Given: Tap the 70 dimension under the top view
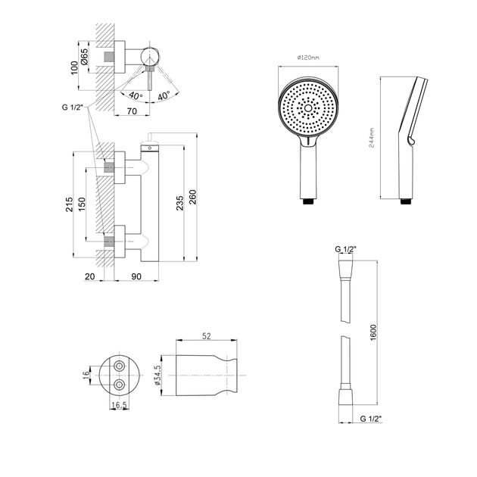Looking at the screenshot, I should point(132,110).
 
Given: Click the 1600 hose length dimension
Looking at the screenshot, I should point(373,331).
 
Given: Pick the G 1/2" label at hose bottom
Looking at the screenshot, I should point(371,416).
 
